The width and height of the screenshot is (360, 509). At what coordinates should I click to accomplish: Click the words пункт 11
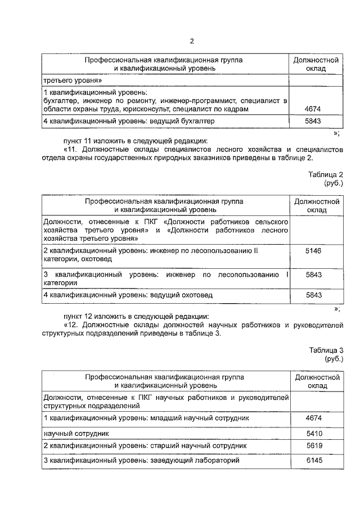click(78, 140)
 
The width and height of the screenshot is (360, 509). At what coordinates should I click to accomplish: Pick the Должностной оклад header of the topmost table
click(316, 64)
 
